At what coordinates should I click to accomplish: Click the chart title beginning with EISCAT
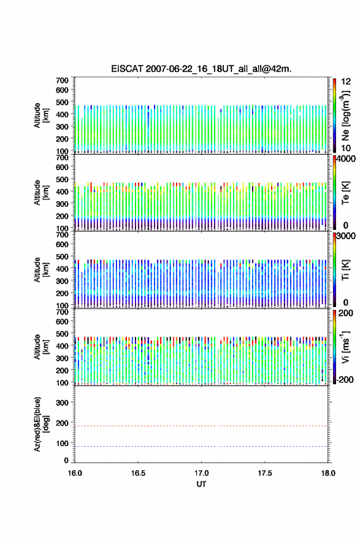point(201,69)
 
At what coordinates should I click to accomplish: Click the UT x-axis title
point(201,484)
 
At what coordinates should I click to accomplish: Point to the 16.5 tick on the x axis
point(137,473)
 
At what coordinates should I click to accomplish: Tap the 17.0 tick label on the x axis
point(201,473)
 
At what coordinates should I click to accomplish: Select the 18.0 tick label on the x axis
point(328,473)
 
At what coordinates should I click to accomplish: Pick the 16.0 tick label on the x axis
point(75,473)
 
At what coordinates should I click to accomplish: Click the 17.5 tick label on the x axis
point(265,473)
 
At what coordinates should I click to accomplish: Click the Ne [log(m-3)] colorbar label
point(346,116)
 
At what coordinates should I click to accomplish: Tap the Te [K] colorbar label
point(345,193)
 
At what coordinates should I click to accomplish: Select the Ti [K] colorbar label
point(345,270)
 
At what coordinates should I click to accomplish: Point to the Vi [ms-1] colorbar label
point(345,347)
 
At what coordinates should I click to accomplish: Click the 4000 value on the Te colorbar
point(346,159)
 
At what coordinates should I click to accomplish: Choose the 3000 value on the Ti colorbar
point(346,236)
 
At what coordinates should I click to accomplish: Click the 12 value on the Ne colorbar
point(346,81)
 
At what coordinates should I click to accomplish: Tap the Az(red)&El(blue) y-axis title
point(41,424)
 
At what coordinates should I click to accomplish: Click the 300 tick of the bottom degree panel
point(62,403)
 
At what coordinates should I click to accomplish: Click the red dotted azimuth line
point(201,426)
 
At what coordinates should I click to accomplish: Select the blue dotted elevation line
point(201,446)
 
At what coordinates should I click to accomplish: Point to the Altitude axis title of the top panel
point(41,115)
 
